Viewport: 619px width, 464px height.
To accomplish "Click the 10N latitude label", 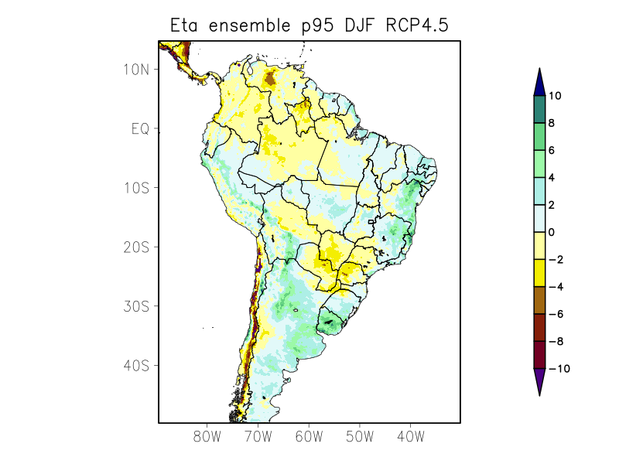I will tap(136, 69).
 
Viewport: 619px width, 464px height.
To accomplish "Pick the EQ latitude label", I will tap(140, 128).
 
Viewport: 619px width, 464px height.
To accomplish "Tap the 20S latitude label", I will tap(136, 247).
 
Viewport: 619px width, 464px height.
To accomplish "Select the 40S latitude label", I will tap(136, 365).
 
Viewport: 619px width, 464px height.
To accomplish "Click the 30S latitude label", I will tap(136, 306).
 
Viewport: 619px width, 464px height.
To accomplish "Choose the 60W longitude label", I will tap(309, 437).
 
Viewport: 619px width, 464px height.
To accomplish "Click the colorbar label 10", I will tap(555, 96).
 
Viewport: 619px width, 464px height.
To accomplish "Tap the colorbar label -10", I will tap(558, 369).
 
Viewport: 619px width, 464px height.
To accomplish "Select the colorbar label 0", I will tap(552, 232).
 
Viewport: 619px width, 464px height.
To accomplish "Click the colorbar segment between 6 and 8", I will tap(540, 137).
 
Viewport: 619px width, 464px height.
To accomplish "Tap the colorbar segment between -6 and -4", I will tap(540, 300).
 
